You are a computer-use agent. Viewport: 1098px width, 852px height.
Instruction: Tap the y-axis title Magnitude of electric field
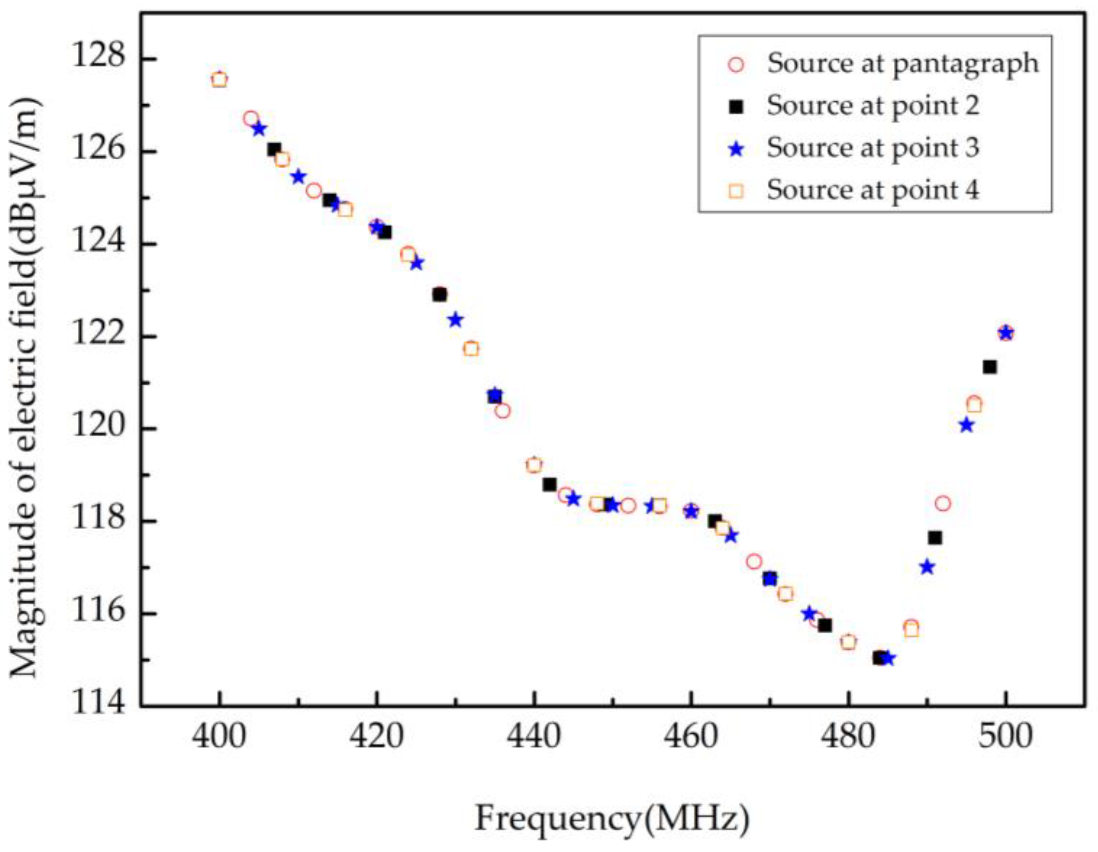coord(26,387)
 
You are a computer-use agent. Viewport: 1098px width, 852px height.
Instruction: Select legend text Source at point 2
coord(873,106)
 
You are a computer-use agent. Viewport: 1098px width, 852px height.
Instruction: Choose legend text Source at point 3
coord(873,148)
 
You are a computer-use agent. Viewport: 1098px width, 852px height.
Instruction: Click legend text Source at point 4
coord(873,191)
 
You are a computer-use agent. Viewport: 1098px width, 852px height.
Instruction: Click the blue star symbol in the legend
coord(736,149)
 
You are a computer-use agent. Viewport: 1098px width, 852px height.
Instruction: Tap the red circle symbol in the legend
coord(736,65)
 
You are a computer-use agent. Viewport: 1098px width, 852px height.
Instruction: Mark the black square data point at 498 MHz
coord(990,367)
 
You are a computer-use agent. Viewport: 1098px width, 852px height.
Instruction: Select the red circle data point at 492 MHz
coord(943,503)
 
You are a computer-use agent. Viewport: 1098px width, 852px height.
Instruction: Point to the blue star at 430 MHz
coord(455,320)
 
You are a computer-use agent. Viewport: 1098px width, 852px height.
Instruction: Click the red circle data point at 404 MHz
coord(251,119)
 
